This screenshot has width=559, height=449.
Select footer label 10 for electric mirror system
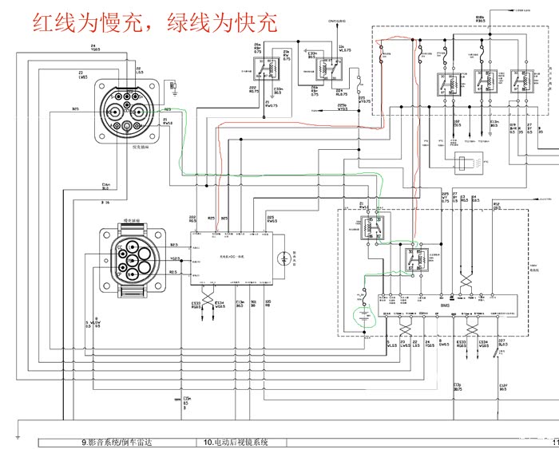232,442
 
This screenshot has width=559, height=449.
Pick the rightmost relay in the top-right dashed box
529,81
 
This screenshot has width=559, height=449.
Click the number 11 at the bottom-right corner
553,442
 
